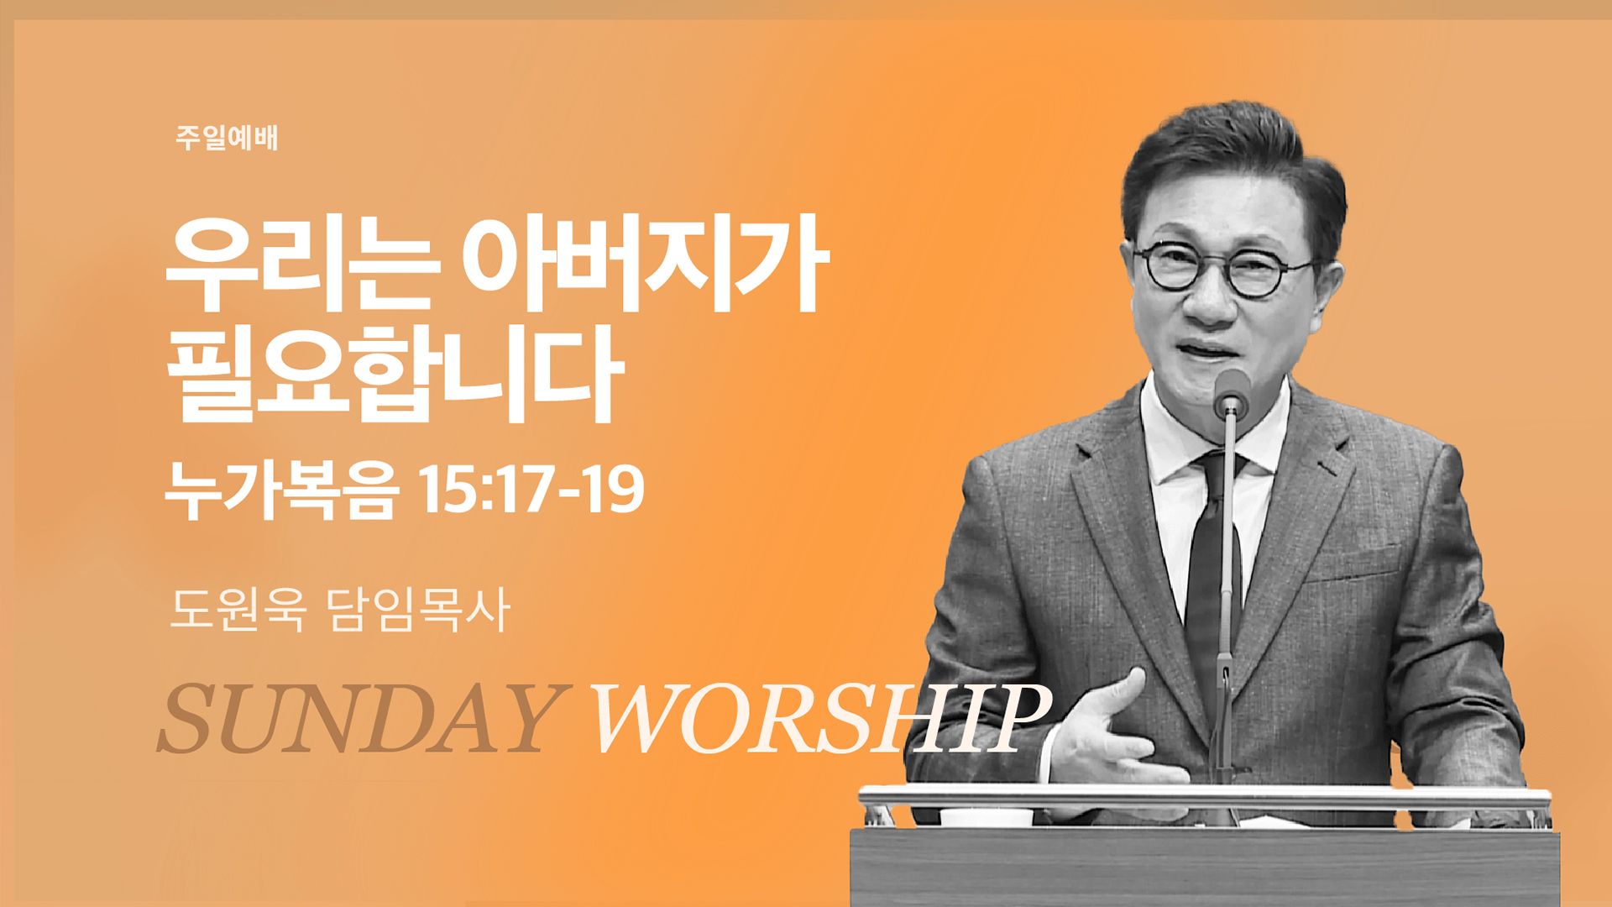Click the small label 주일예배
click(x=227, y=138)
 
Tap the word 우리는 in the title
click(x=303, y=264)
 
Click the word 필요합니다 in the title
click(x=395, y=375)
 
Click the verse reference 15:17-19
click(x=531, y=489)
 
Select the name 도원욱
click(x=238, y=609)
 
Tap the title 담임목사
click(x=418, y=609)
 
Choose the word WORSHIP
click(x=821, y=719)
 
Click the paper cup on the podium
click(x=986, y=817)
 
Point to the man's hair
click(x=1234, y=168)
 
